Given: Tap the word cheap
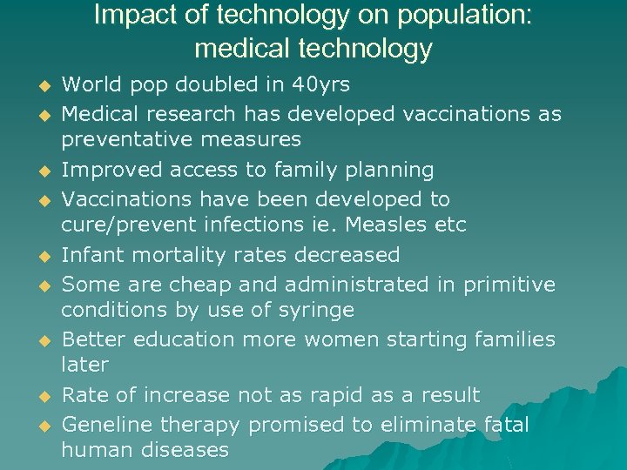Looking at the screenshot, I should pyautogui.click(x=182, y=284).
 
